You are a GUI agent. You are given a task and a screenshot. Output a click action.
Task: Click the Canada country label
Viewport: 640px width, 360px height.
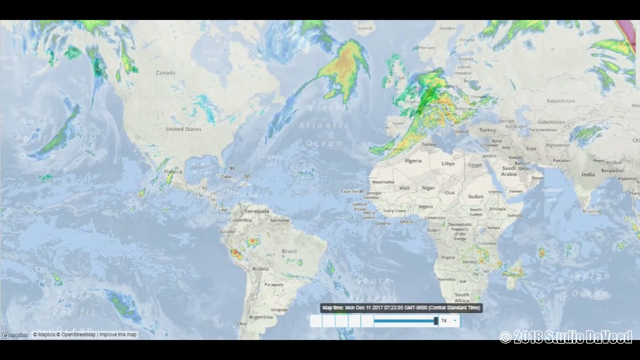click(165, 73)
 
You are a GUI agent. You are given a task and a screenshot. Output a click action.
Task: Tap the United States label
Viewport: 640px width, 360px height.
click(183, 129)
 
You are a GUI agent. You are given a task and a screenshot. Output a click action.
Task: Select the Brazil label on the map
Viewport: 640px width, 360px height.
click(289, 251)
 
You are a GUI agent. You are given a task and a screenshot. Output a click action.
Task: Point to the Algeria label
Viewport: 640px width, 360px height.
click(413, 161)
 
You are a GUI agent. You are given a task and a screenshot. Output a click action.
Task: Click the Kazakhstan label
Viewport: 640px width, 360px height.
click(560, 101)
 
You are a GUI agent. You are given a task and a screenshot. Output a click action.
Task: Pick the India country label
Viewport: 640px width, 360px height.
click(588, 174)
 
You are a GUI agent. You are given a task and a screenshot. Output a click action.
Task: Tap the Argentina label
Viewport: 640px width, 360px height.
click(261, 317)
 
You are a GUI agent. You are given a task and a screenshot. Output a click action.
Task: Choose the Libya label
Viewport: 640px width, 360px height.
click(448, 163)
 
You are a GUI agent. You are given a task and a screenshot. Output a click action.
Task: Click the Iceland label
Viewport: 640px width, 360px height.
click(364, 28)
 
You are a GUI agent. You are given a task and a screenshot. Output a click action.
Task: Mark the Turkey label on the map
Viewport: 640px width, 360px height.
click(487, 130)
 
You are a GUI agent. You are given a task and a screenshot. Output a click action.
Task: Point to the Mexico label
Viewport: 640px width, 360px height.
click(173, 171)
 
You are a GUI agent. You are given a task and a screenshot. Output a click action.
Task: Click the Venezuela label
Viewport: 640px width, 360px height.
click(257, 211)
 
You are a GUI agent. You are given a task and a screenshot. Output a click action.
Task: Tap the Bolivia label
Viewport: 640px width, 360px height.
click(260, 269)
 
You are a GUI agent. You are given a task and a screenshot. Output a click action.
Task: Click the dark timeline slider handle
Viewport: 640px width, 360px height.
click(436, 320)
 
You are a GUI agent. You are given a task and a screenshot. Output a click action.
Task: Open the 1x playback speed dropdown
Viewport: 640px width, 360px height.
click(448, 320)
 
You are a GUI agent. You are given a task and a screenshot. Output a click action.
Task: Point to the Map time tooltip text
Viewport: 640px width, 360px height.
click(401, 308)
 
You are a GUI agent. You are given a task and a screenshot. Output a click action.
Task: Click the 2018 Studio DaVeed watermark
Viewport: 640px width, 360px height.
click(566, 337)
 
